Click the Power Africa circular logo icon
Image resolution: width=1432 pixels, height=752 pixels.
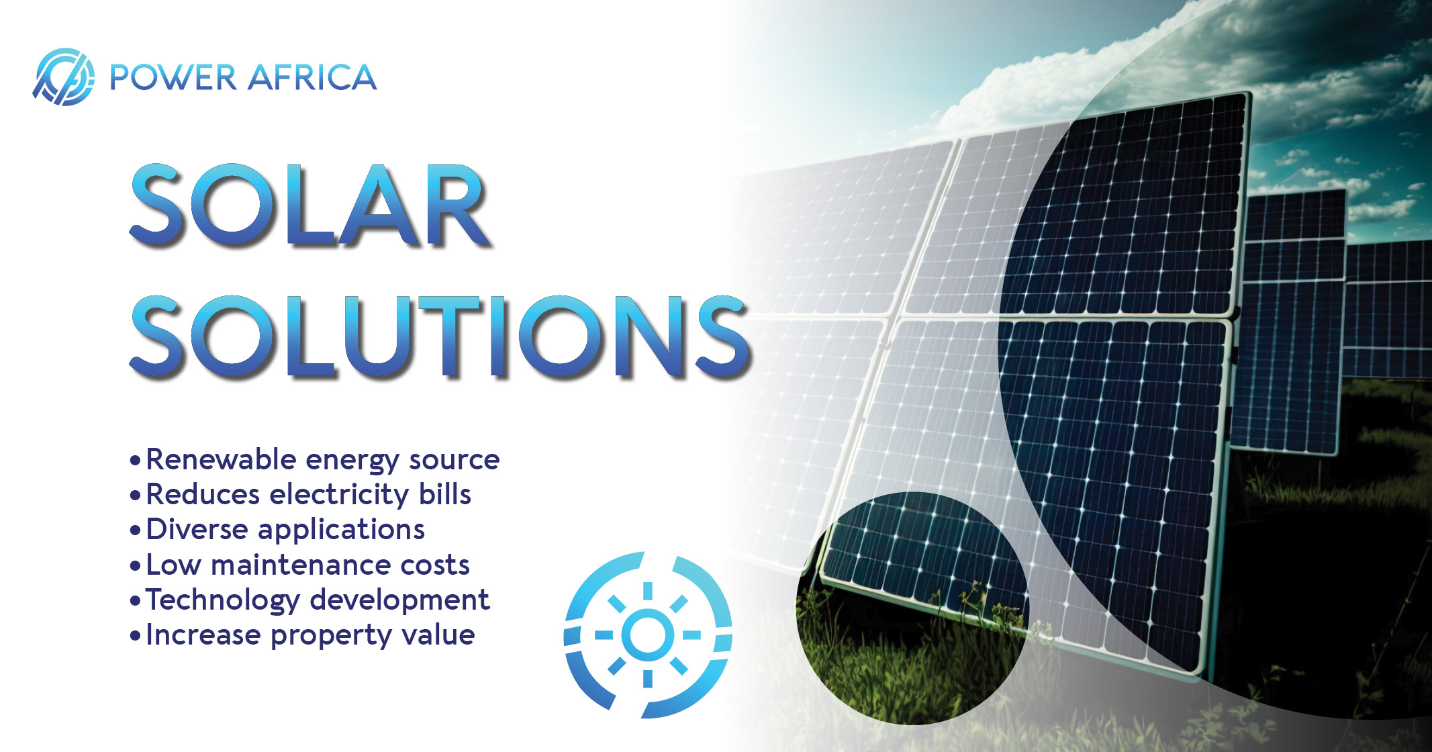pos(64,77)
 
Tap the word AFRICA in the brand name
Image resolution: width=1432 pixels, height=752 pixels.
pos(312,77)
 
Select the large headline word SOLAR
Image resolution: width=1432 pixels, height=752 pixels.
pos(309,205)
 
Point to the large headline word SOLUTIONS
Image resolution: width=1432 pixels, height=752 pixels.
pos(440,336)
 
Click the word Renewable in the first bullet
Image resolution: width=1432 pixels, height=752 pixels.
pos(221,459)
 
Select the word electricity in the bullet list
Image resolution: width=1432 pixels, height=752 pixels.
pos(339,495)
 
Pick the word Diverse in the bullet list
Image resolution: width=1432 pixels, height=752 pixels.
pos(197,529)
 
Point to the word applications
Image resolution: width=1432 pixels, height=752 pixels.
pos(342,530)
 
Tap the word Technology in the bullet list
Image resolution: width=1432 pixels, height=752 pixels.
pos(222,600)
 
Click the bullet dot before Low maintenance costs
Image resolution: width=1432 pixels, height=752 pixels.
pos(135,566)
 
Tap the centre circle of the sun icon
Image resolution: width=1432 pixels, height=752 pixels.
pos(647,634)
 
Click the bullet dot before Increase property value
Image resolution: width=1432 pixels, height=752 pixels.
pos(135,636)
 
